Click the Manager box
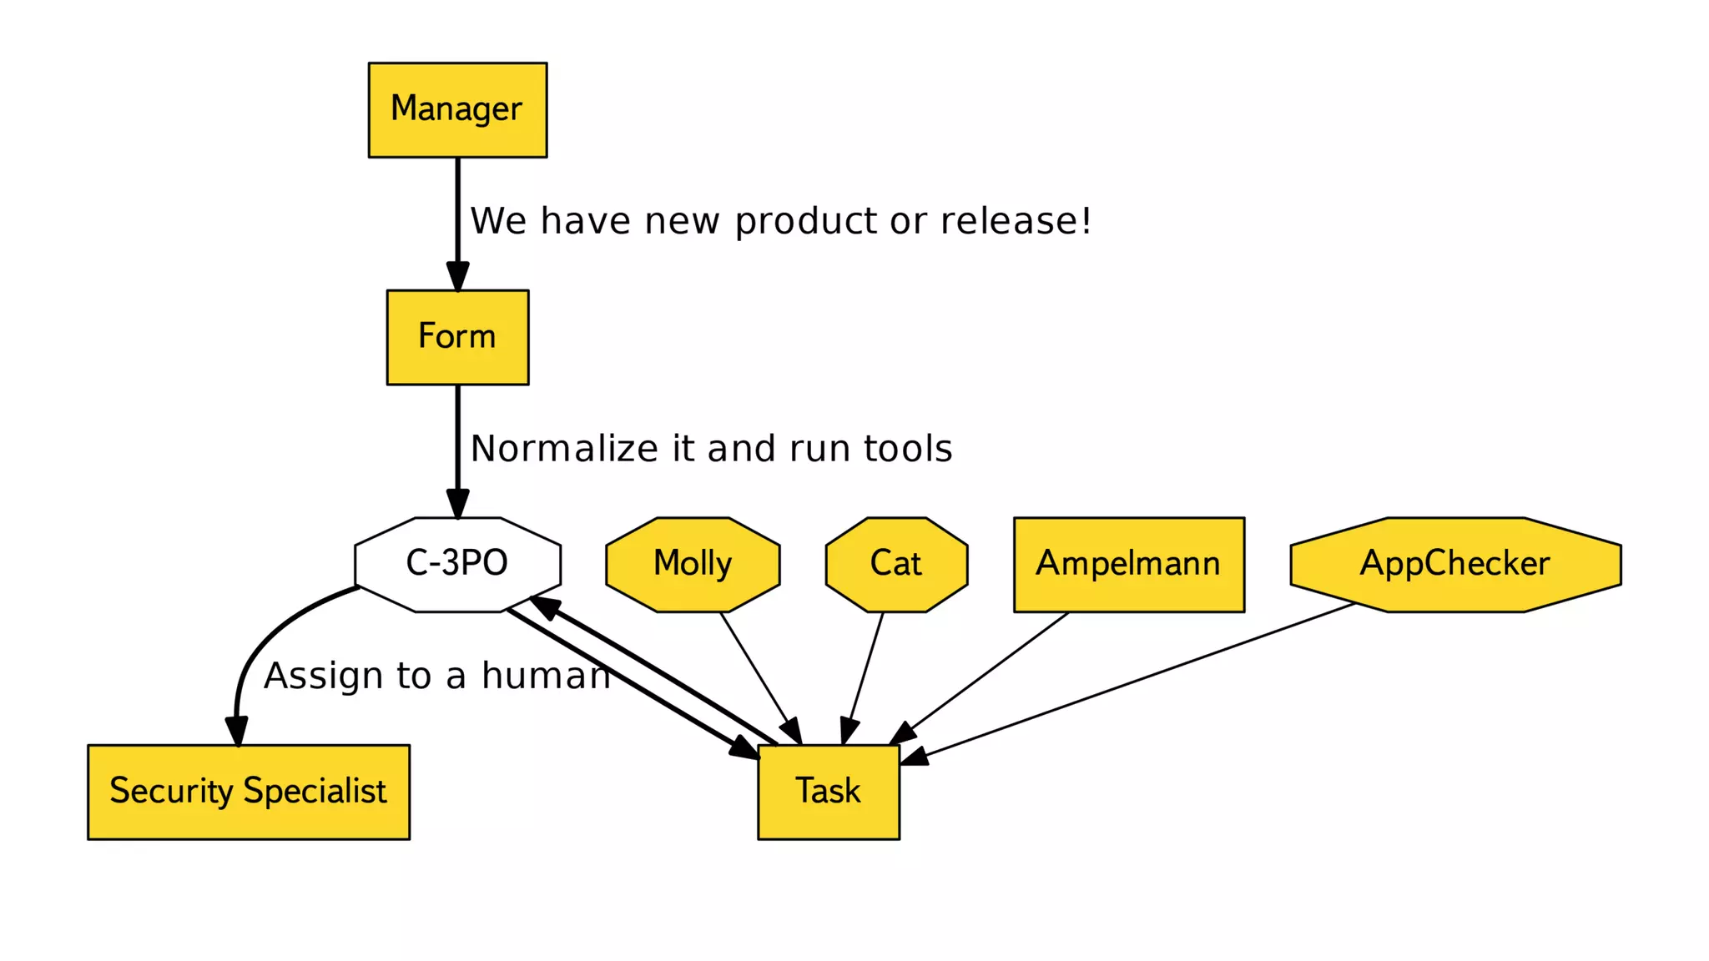[457, 109]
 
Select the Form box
[457, 337]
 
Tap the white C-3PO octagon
[457, 564]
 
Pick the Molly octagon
[693, 564]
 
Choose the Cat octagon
[896, 564]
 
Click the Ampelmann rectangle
[1128, 564]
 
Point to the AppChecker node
[1454, 564]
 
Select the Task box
[828, 791]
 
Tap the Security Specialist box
[249, 791]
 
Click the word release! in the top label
[1016, 221]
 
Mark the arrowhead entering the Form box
[457, 277]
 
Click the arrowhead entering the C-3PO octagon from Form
[457, 504]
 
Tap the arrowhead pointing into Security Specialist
[237, 731]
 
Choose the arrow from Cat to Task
[864, 674]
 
